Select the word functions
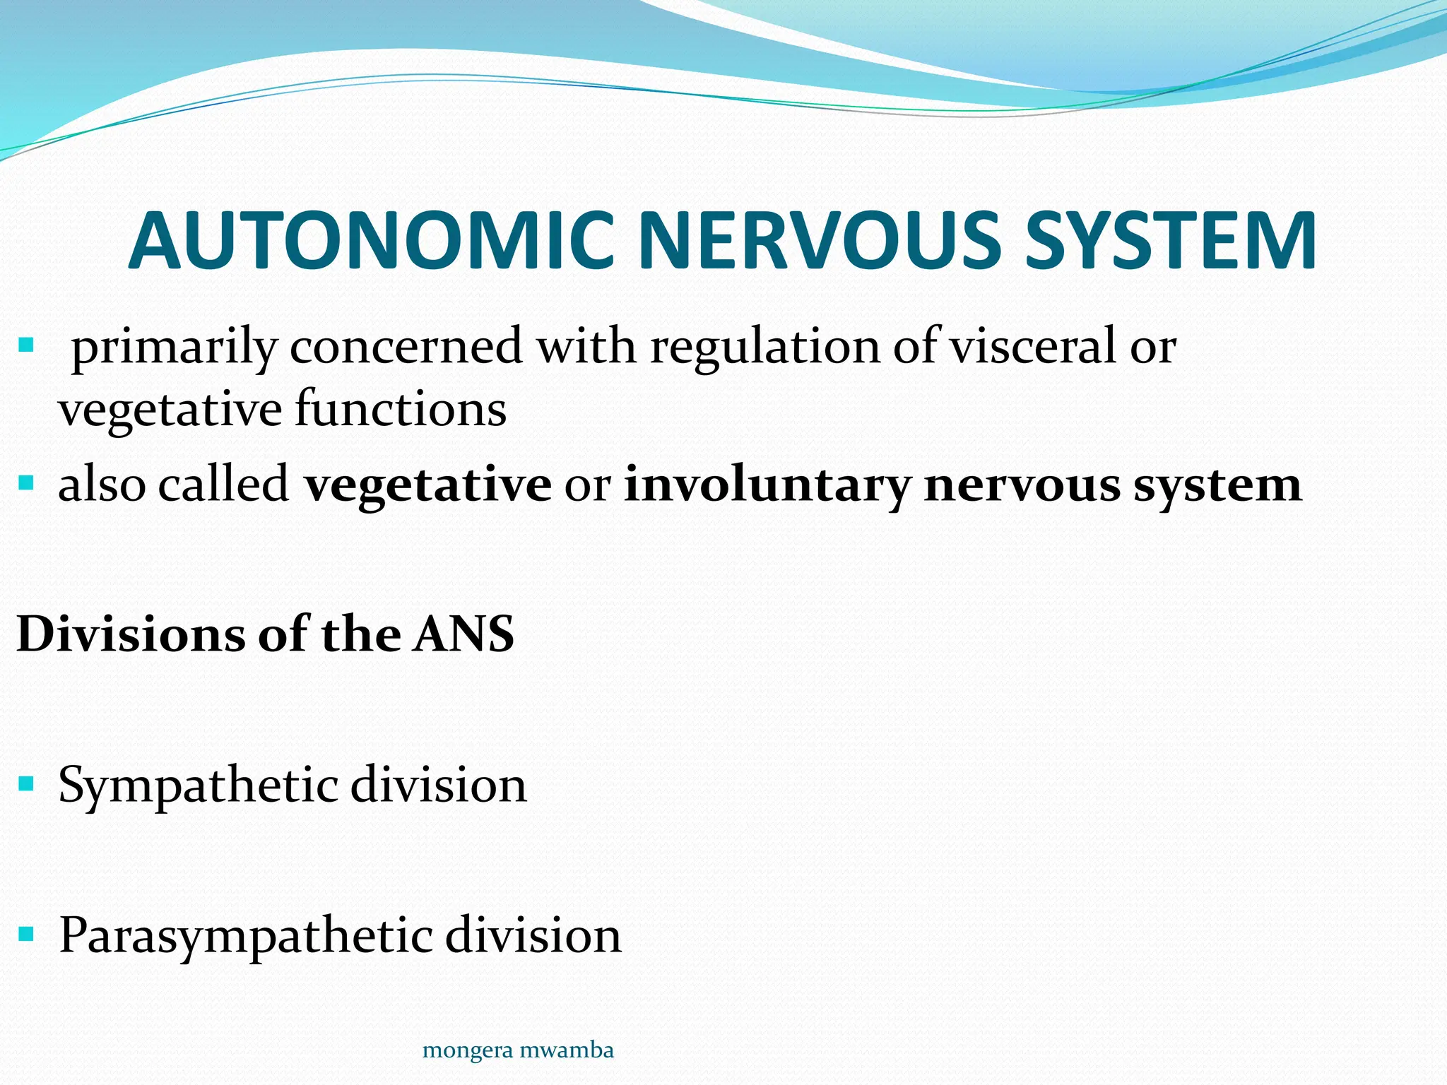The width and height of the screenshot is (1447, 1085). (x=400, y=410)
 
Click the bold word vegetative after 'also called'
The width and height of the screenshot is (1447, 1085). (x=427, y=486)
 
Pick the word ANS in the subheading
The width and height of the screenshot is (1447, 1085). (x=463, y=634)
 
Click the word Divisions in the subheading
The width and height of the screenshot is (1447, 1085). (x=130, y=634)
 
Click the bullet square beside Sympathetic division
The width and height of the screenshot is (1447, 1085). (x=26, y=783)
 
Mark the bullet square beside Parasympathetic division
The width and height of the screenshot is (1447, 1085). (x=26, y=935)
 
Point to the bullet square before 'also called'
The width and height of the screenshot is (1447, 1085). (x=26, y=483)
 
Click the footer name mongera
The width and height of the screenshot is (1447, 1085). (x=456, y=1050)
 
